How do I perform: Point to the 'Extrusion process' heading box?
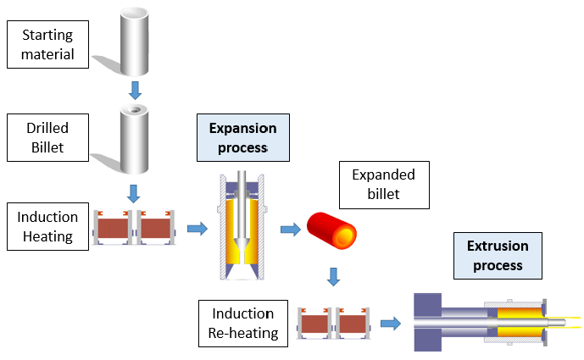[x=498, y=256]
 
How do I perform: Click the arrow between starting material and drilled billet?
[x=134, y=89]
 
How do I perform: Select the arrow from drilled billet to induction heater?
[x=134, y=191]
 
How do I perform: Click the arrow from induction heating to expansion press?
[x=196, y=228]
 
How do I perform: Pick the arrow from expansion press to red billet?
[x=290, y=228]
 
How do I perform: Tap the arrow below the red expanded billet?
[x=333, y=276]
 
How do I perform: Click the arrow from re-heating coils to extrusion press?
[x=390, y=322]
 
